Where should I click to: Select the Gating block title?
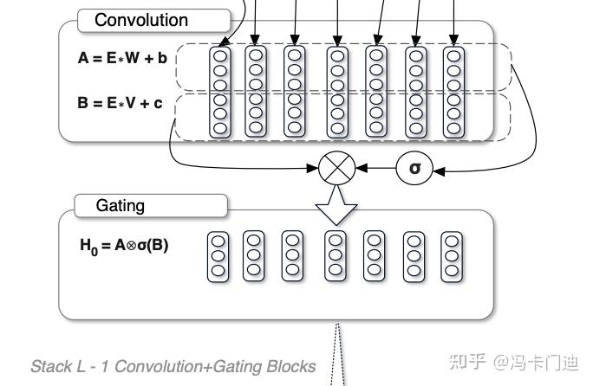pos(121,206)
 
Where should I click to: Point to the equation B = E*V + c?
pos(120,103)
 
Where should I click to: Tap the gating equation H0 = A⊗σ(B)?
pos(124,245)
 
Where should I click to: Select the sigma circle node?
pos(414,168)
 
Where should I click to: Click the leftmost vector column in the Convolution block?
pos(220,91)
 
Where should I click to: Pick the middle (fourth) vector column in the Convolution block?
pos(336,91)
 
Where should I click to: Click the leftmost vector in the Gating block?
pos(218,255)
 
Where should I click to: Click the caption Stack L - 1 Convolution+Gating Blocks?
pos(173,366)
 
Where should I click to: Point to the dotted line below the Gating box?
pos(340,355)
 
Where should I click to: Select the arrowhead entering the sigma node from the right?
pos(438,170)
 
